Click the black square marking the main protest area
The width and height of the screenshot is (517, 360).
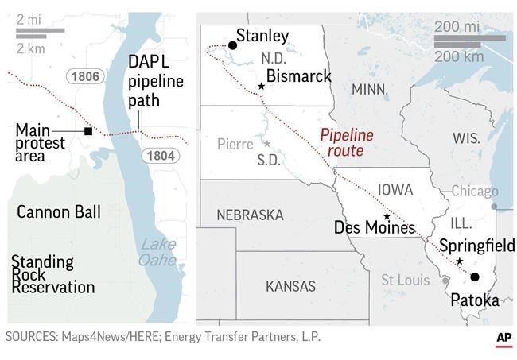pyautogui.click(x=87, y=131)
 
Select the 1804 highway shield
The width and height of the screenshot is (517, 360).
pyautogui.click(x=160, y=156)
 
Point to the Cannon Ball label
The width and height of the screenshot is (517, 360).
pyautogui.click(x=59, y=212)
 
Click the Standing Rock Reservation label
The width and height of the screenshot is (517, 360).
pyautogui.click(x=52, y=274)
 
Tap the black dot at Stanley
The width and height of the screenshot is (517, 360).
pyautogui.click(x=232, y=45)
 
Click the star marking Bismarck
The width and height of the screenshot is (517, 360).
pyautogui.click(x=261, y=86)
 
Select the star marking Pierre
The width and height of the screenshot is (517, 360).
pyautogui.click(x=266, y=144)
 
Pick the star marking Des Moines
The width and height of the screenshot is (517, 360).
pyautogui.click(x=387, y=216)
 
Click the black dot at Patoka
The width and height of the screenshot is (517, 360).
pyautogui.click(x=475, y=277)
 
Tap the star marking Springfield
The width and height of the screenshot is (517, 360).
pyautogui.click(x=460, y=261)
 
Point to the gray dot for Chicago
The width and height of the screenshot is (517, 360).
pyautogui.click(x=494, y=207)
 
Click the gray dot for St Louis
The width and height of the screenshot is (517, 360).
pyautogui.click(x=445, y=280)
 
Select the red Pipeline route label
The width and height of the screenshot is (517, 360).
pyautogui.click(x=346, y=143)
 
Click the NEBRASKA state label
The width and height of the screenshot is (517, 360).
pyautogui.click(x=250, y=215)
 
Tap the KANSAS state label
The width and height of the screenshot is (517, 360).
pyautogui.click(x=290, y=286)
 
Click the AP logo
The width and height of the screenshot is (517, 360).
pyautogui.click(x=503, y=338)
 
